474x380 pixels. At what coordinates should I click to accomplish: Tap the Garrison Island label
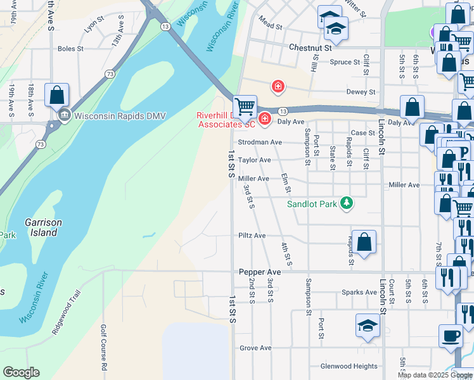tap(41, 227)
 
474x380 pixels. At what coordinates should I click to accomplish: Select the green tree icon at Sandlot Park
tap(347, 203)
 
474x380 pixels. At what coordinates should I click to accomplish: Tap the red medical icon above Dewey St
tap(277, 85)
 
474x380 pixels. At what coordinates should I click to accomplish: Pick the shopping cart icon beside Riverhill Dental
tap(244, 105)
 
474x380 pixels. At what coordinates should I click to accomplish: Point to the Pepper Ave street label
tap(260, 272)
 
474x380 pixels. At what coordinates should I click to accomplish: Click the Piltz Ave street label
tap(252, 236)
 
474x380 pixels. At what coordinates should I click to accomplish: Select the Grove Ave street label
tap(255, 348)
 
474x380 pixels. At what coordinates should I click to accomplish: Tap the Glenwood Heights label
tap(349, 366)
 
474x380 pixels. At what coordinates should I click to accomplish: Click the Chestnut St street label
tap(310, 47)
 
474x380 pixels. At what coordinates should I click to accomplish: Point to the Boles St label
tap(70, 49)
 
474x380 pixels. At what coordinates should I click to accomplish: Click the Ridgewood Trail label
tap(67, 313)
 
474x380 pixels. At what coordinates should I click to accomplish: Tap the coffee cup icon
tap(451, 335)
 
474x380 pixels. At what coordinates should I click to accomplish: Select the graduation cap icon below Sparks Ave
tap(368, 325)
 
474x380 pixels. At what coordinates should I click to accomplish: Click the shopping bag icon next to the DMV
tap(56, 95)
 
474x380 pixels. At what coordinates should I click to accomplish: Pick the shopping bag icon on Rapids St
tap(364, 241)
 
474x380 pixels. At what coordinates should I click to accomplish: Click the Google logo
tap(21, 372)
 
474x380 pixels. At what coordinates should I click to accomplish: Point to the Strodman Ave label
tap(259, 142)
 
